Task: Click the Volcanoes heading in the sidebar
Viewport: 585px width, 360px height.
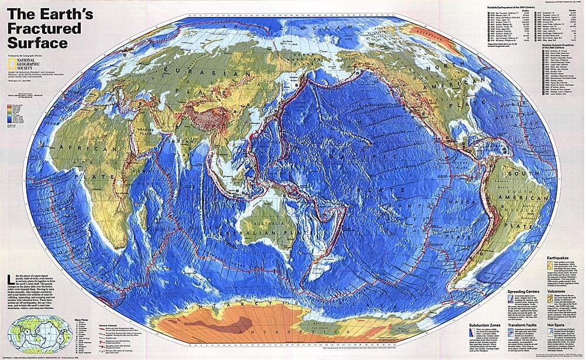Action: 556,289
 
